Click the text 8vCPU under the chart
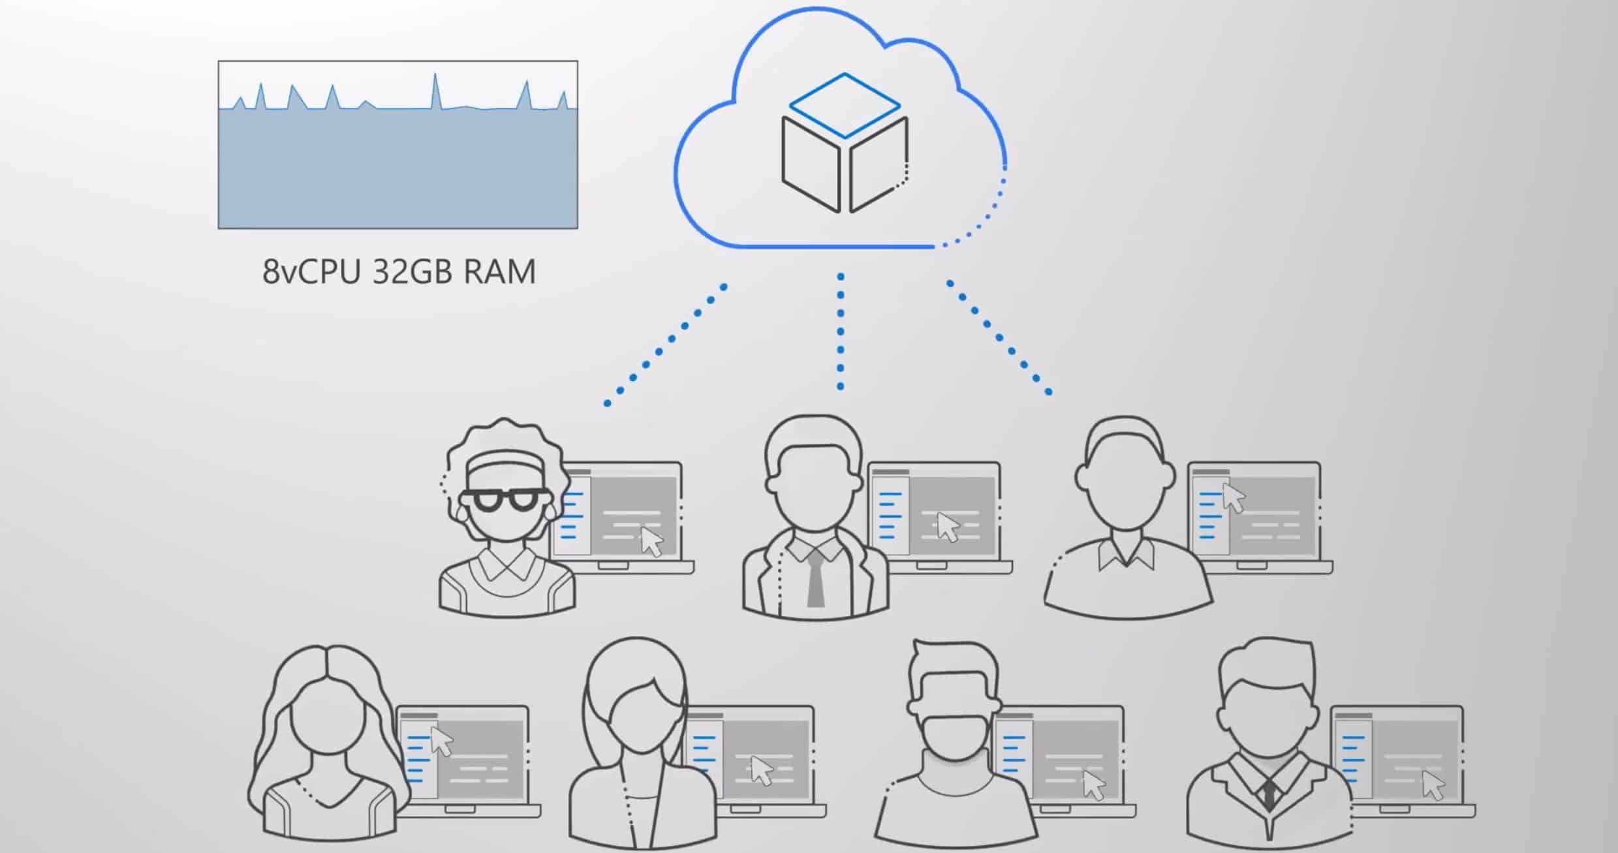pos(311,271)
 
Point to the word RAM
pos(499,271)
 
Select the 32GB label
pos(412,271)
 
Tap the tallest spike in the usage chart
pos(435,75)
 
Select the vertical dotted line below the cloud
pos(841,332)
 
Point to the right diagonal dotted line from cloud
pos(999,337)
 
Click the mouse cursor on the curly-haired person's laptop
pos(651,542)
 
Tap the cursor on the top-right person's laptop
pos(1233,498)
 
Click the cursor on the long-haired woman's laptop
pos(442,741)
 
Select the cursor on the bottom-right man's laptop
pos(1433,784)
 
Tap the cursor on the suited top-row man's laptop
pos(948,526)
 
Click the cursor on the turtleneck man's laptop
pos(1094,785)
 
